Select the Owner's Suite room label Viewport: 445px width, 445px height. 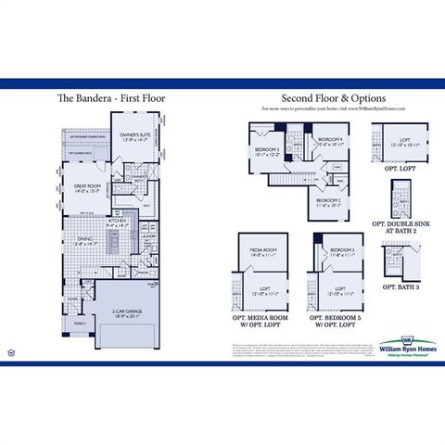click(134, 136)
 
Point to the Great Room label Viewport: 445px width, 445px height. click(87, 188)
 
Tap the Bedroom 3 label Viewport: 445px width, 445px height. click(268, 150)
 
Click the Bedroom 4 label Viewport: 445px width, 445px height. click(331, 142)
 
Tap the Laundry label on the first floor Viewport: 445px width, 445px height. click(147, 236)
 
